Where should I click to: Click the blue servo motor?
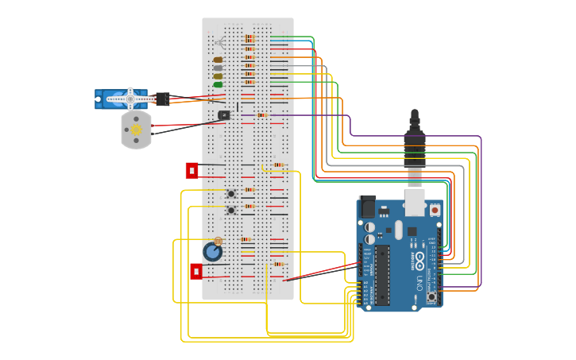tap(119, 99)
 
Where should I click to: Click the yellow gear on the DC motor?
tap(136, 130)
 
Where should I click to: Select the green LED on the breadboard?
tap(218, 84)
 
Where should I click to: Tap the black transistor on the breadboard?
tap(224, 114)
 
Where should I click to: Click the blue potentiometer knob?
tap(212, 252)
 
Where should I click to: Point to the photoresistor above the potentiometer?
tap(218, 241)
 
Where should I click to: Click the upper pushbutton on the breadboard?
tap(231, 193)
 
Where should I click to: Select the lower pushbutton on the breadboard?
tap(231, 210)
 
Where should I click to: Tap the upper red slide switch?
tap(191, 170)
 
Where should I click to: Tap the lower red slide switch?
tap(196, 271)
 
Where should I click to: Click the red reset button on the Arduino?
tap(435, 210)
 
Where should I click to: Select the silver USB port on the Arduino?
tap(415, 202)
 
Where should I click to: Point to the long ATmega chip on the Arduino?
tap(382, 274)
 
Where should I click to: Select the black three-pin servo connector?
tap(162, 99)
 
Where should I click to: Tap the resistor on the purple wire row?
tap(261, 115)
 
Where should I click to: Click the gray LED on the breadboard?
tap(218, 68)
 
